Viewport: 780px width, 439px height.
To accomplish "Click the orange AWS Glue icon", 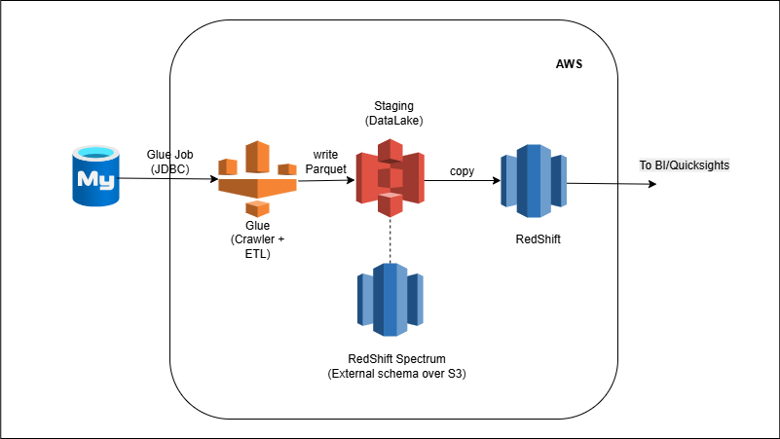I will coord(257,178).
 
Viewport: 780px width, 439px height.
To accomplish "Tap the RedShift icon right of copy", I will coord(533,177).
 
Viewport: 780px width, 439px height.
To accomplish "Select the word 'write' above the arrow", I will coord(325,156).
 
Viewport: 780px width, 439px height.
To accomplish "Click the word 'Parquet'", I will coord(325,170).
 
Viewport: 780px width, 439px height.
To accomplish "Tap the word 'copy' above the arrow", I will coord(463,171).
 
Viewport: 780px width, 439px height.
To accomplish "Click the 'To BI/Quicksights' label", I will coord(684,165).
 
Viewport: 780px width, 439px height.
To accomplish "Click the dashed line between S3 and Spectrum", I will coord(390,238).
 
